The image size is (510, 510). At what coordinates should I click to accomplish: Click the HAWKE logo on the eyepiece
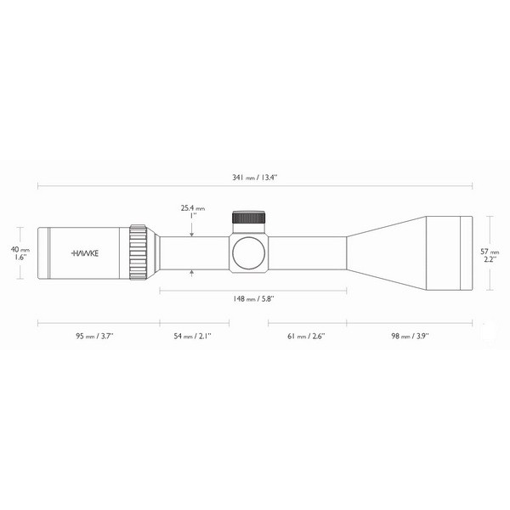coord(82,252)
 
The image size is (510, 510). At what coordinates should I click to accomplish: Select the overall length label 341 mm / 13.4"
coord(254,178)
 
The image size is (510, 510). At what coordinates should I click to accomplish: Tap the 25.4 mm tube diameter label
coord(193,207)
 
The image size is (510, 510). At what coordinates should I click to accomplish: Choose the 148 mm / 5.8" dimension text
coord(254,299)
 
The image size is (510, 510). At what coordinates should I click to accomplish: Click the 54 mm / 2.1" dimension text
coord(192,337)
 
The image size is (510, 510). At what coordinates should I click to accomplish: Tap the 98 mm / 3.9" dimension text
coord(410,337)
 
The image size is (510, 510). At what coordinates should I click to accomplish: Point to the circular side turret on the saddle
coord(248,252)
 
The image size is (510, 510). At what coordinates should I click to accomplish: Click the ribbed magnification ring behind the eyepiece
coord(138,252)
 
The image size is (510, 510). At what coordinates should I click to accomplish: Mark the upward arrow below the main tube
coord(192,272)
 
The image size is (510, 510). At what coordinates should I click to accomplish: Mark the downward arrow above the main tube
coord(192,232)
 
